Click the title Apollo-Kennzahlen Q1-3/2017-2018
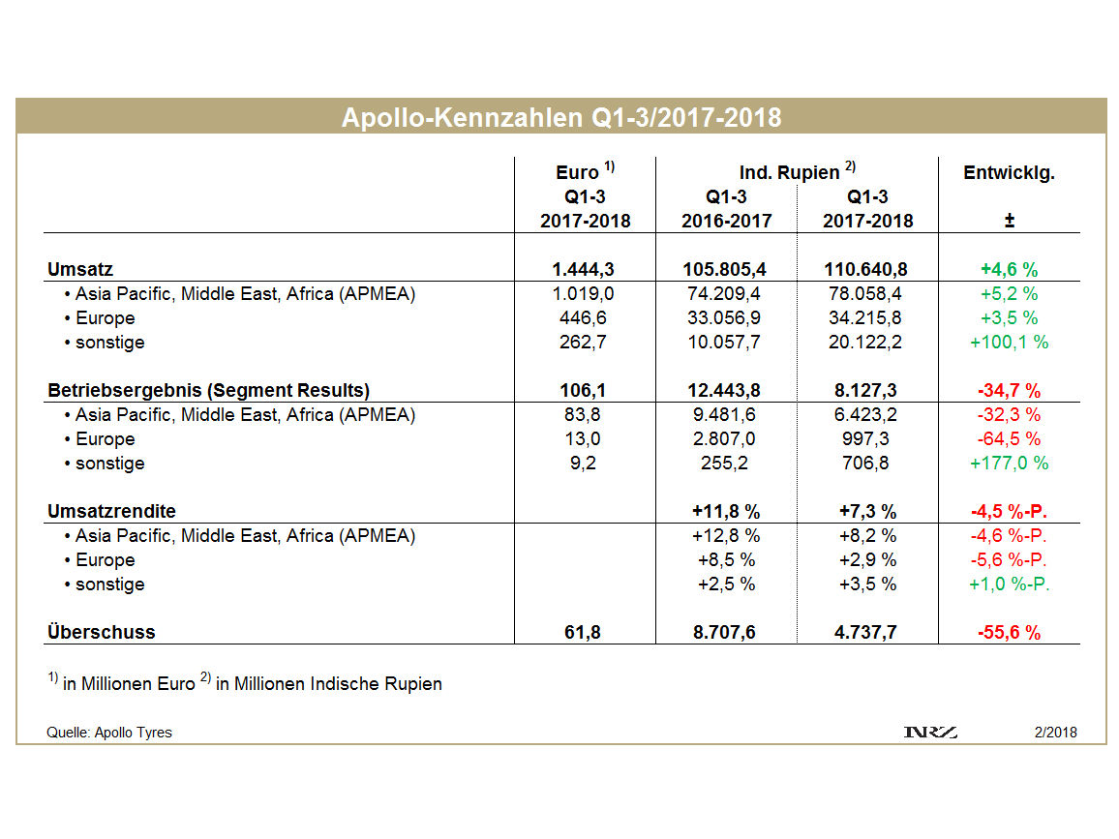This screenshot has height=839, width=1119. tap(560, 118)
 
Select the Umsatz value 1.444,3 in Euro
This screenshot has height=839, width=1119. tap(585, 270)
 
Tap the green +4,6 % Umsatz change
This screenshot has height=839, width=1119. tap(1009, 270)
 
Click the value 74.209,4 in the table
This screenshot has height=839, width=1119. tap(726, 294)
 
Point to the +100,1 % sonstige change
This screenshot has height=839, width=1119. tap(1009, 343)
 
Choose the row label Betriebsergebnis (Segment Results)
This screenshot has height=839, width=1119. tap(208, 391)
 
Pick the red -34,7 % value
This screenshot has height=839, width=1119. tap(1009, 391)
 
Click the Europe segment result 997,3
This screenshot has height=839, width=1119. tap(867, 439)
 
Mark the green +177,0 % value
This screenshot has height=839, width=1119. tap(1009, 464)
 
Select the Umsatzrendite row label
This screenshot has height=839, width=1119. tap(111, 512)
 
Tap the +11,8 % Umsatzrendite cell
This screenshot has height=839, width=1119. tap(726, 512)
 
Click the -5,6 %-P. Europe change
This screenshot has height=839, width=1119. tap(1009, 560)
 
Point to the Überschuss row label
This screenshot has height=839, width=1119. tap(101, 633)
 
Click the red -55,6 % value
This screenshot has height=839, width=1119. tap(1009, 633)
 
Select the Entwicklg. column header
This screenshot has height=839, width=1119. tap(1009, 173)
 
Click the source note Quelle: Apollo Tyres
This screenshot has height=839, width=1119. tap(109, 733)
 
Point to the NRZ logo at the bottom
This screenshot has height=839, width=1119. tap(929, 733)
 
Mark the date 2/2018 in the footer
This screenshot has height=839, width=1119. tap(1055, 733)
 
